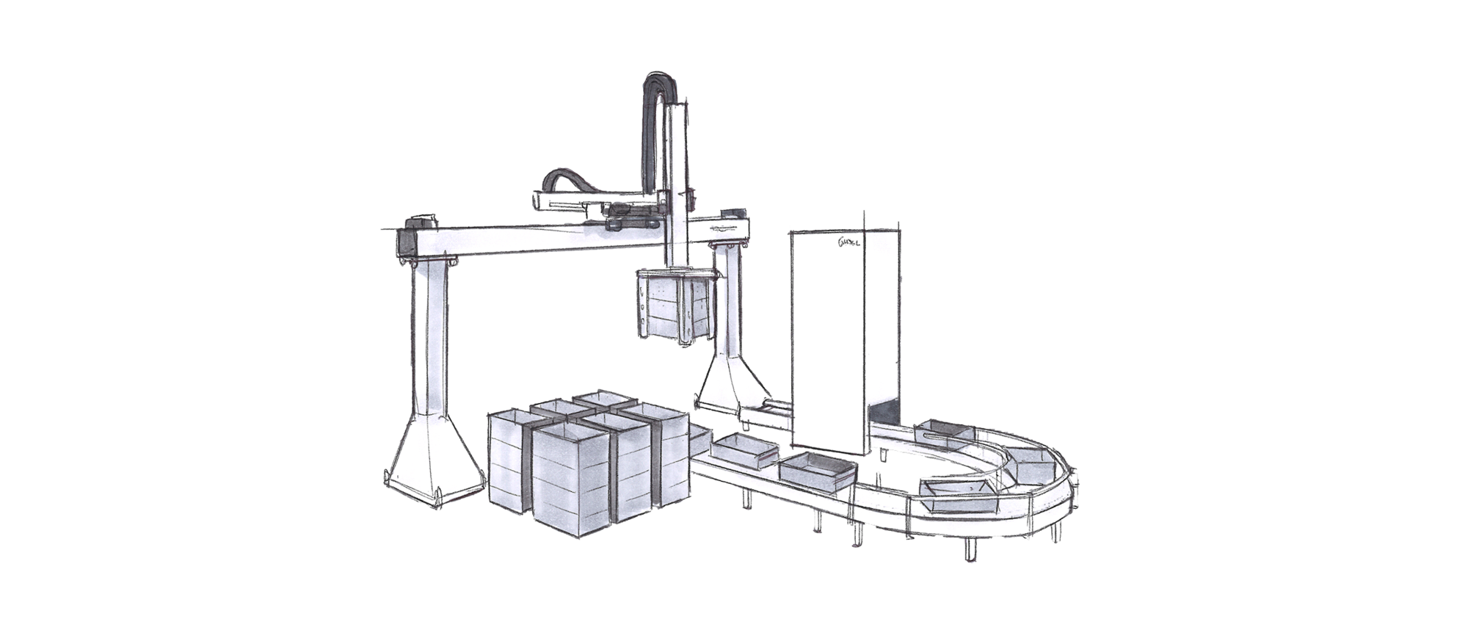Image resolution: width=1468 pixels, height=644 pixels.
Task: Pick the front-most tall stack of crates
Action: click(x=570, y=477)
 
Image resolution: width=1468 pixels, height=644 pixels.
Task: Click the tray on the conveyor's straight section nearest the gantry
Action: click(x=743, y=449)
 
